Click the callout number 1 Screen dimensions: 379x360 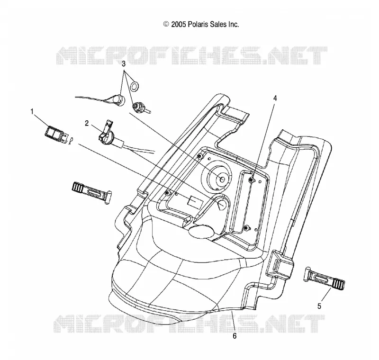point(32,112)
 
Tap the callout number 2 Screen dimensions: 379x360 point(87,124)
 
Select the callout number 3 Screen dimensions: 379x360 point(124,64)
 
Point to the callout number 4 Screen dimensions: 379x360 point(275,98)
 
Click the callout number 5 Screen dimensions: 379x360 point(319,306)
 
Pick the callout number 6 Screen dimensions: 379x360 point(235,336)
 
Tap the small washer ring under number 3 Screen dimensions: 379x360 point(135,86)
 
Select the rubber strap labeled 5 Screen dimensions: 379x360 point(324,279)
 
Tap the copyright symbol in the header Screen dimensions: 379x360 point(166,24)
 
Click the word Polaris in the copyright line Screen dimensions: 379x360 point(198,25)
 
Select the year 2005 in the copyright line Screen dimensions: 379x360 point(179,25)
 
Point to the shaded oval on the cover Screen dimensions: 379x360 point(201,232)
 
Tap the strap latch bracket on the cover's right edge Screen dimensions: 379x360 point(280,265)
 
